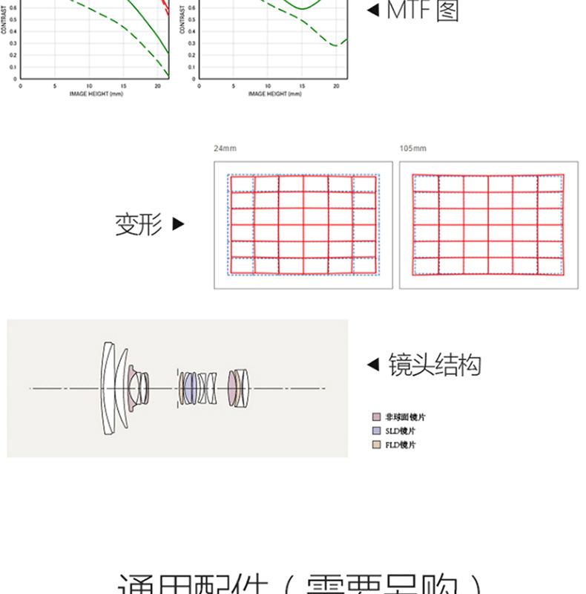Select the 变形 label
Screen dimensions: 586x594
pos(138,224)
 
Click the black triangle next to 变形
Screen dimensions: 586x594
pos(177,223)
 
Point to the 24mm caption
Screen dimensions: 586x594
pos(225,148)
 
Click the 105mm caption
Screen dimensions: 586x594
pos(412,148)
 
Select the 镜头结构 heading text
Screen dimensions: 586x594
pos(434,365)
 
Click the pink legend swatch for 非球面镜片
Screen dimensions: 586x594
pos(376,417)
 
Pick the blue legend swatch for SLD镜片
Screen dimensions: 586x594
pos(376,431)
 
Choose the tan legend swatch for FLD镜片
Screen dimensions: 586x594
pos(376,445)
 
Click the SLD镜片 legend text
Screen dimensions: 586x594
pos(400,431)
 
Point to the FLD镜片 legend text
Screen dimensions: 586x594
pos(400,445)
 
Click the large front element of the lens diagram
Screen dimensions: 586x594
pos(108,388)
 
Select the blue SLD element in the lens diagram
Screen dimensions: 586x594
pos(191,388)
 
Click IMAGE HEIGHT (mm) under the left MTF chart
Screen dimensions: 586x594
pos(91,94)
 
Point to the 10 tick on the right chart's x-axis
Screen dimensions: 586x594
pos(268,86)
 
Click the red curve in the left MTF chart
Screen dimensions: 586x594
pos(165,9)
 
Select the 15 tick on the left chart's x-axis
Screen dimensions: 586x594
pos(124,86)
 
